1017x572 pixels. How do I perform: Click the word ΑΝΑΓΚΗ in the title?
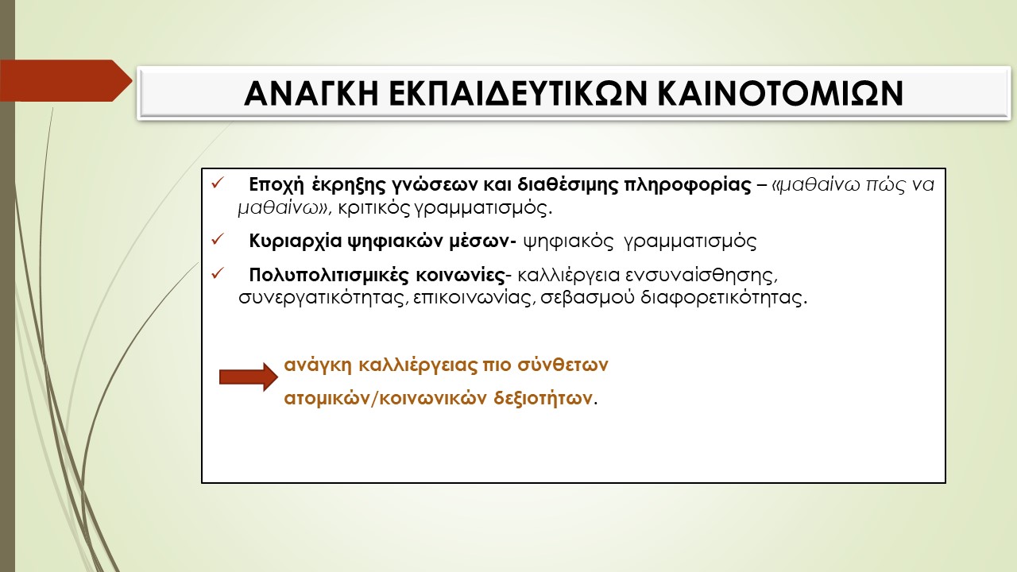[x=311, y=94]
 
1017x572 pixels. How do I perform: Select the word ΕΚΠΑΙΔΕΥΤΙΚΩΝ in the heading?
[x=517, y=94]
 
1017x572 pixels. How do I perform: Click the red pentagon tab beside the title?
[x=66, y=80]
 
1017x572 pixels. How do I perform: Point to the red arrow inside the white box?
[x=249, y=377]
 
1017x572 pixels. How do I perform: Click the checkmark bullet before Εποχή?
[x=218, y=184]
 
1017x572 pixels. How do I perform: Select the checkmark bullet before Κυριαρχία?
[x=218, y=239]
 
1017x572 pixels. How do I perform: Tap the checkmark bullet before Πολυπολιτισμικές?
[x=218, y=273]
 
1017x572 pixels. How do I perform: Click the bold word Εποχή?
[x=276, y=185]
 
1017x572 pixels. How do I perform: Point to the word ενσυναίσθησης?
[x=702, y=276]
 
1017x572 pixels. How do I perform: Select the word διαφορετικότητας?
[x=724, y=298]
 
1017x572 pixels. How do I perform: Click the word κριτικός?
[x=374, y=209]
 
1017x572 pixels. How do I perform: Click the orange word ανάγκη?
[x=318, y=365]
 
